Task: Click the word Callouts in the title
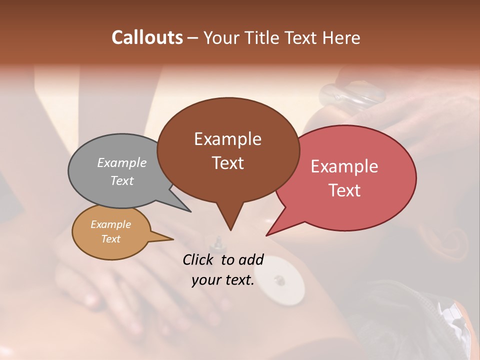tap(147, 38)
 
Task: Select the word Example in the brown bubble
tap(227, 139)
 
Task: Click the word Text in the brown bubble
tap(227, 163)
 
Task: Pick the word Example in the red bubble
tap(344, 166)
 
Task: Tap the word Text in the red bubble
tap(344, 190)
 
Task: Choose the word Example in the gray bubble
tap(122, 163)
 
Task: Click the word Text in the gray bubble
tap(122, 181)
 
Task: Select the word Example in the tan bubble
tap(111, 225)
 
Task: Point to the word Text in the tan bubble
tap(111, 239)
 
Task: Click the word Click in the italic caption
tap(199, 260)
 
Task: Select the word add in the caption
tap(251, 260)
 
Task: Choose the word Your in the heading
tap(221, 38)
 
